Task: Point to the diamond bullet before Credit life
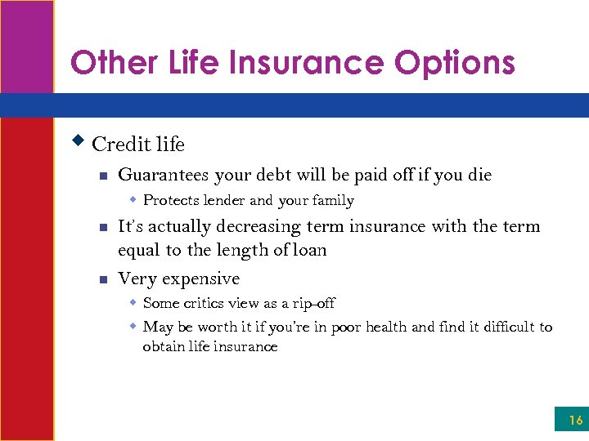click(79, 140)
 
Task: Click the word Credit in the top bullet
click(116, 145)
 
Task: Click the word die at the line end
click(479, 174)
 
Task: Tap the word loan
click(309, 250)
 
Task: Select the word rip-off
click(313, 303)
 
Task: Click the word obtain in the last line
click(164, 347)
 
